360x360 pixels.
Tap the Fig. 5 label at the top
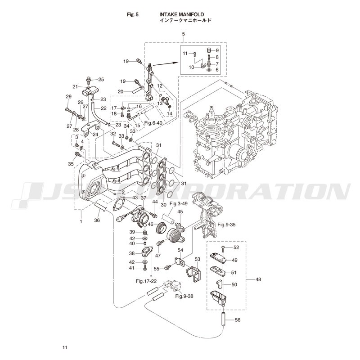coord(134,14)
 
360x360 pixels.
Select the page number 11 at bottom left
coord(65,347)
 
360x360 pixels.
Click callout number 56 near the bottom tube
coord(237,320)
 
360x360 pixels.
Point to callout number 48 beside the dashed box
coord(258,279)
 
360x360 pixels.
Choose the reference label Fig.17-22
coord(146,281)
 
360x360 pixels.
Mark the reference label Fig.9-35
coord(226,224)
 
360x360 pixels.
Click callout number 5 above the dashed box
coord(183,35)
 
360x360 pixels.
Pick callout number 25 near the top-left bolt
coord(101,80)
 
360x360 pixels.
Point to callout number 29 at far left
coord(69,97)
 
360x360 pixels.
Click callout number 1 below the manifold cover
coord(81,221)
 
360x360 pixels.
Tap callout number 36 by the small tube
coord(97,220)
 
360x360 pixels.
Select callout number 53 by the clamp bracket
coord(197,259)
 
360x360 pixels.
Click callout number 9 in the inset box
coord(216,50)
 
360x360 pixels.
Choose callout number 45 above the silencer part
coord(180,211)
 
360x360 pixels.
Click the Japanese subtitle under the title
coord(185,21)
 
